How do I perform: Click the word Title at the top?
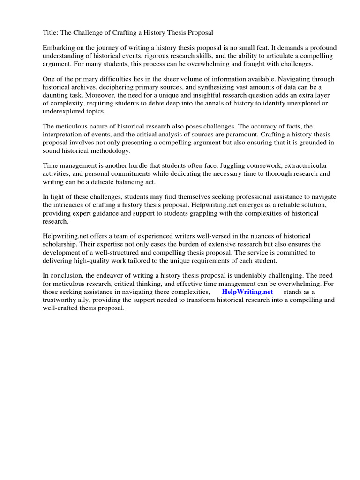(x=50, y=32)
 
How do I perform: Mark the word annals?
(x=213, y=103)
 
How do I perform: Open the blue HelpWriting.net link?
(x=247, y=292)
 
